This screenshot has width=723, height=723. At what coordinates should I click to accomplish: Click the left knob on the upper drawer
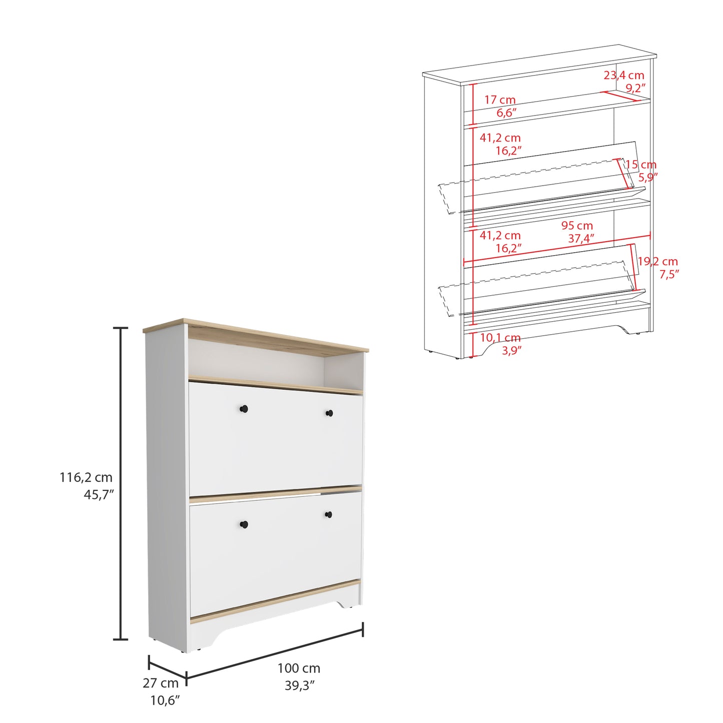244,408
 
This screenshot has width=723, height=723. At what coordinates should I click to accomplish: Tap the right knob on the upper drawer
329,413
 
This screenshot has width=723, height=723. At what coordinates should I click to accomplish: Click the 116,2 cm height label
86,477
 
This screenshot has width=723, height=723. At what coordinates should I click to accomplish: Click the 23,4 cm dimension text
623,76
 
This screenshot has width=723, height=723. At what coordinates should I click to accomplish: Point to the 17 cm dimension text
500,100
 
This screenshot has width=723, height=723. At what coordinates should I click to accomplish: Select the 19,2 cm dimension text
658,261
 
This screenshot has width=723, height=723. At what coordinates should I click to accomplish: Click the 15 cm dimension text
641,164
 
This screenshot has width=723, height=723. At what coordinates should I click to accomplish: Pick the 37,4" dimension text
581,238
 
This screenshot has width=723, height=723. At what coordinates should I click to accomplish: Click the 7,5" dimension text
670,274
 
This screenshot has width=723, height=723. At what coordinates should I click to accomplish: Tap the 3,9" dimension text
512,350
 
